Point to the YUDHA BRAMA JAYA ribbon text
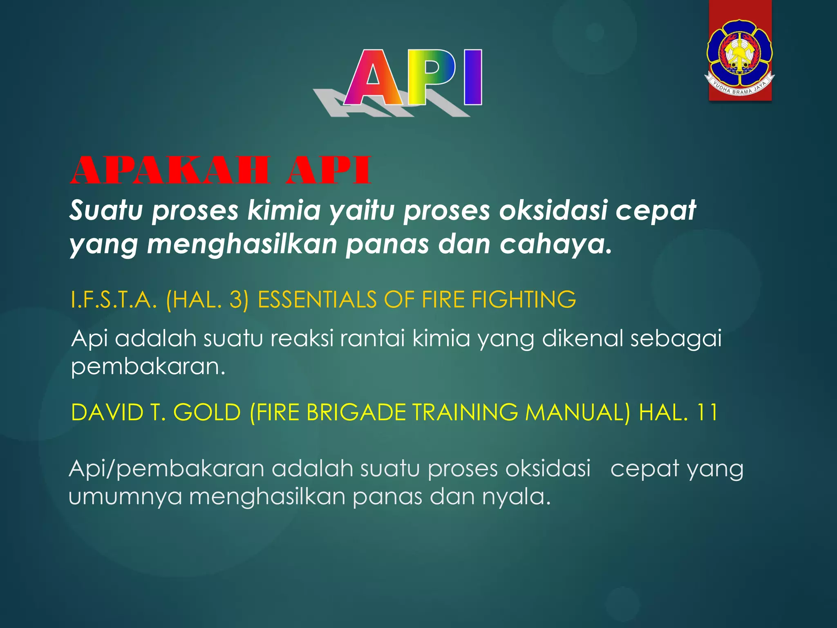coord(740,88)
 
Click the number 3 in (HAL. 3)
coord(236,299)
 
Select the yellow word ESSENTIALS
coord(317,299)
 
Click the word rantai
coord(372,339)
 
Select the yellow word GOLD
coord(207,412)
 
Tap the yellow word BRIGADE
coord(356,412)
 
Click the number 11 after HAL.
coord(707,412)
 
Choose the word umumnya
coord(125,497)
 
